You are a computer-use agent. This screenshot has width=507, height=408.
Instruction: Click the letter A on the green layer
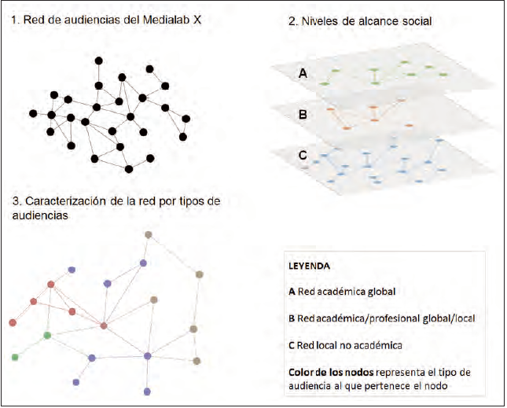pyautogui.click(x=302, y=75)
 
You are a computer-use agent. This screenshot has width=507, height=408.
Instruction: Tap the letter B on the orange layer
pyautogui.click(x=302, y=113)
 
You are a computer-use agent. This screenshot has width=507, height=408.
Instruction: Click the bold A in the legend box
pyautogui.click(x=292, y=292)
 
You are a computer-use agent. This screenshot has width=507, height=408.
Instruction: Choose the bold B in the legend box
pyautogui.click(x=292, y=318)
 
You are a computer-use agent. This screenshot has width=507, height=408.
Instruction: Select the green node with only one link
pyautogui.click(x=15, y=358)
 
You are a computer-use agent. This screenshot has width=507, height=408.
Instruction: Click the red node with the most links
pyautogui.click(x=104, y=325)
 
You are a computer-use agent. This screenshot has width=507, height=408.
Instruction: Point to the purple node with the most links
pyautogui.click(x=148, y=356)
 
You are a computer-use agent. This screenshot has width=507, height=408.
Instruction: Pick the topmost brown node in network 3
pyautogui.click(x=148, y=234)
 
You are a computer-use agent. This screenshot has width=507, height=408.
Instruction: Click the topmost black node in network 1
pyautogui.click(x=99, y=61)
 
